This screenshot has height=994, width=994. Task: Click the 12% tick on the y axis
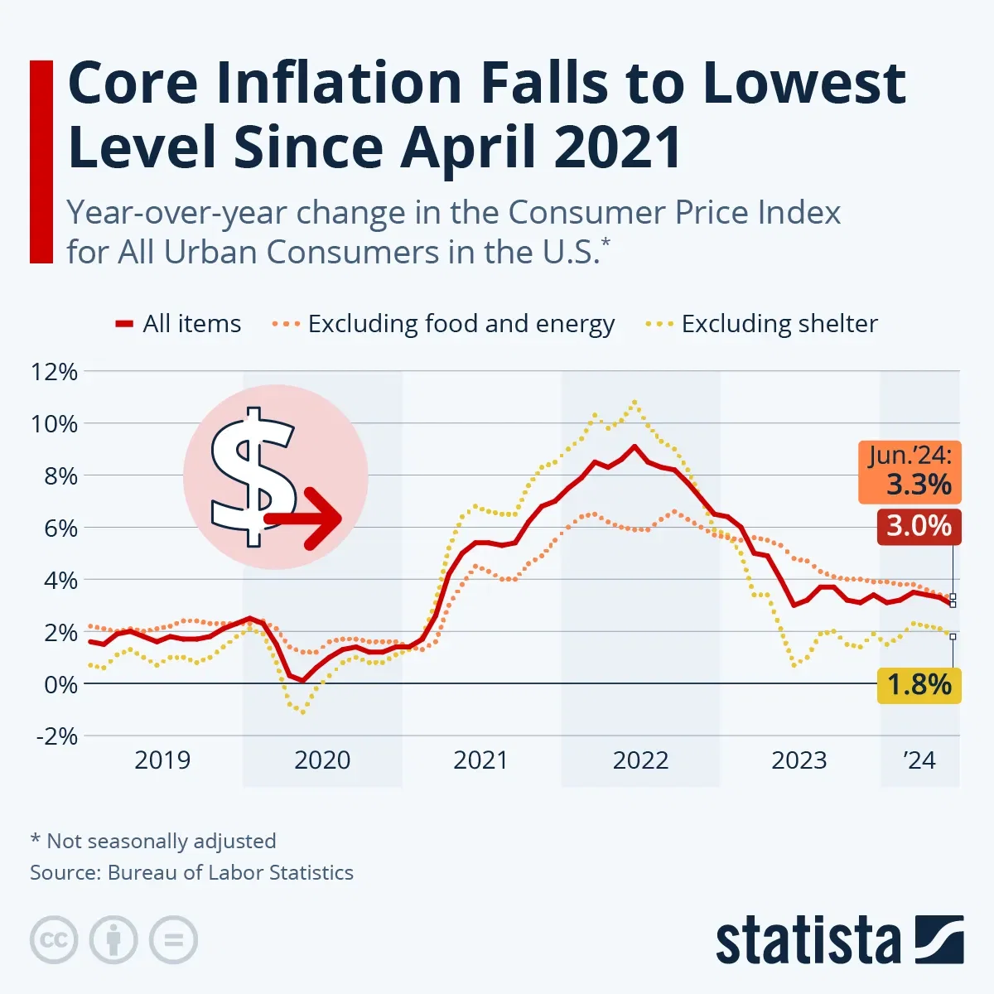(x=54, y=372)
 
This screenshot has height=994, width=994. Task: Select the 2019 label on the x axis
(x=162, y=760)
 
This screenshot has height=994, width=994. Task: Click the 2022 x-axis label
(x=640, y=760)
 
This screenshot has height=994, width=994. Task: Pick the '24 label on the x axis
(x=919, y=760)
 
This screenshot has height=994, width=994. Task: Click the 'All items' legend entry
(x=178, y=324)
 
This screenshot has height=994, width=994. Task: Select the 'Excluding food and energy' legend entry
(x=443, y=324)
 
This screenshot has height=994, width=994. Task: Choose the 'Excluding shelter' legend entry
(x=762, y=324)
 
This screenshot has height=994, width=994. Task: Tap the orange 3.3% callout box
(x=910, y=472)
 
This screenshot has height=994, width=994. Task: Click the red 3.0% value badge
(x=919, y=527)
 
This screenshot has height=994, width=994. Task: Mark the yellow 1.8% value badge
(x=919, y=685)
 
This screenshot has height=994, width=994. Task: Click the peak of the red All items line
(x=635, y=446)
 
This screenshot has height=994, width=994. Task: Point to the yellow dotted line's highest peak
(x=635, y=402)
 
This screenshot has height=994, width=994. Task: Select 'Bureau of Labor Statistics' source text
(x=230, y=872)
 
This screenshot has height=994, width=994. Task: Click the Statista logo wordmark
(x=808, y=942)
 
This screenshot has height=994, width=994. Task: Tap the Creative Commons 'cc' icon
(x=54, y=940)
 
